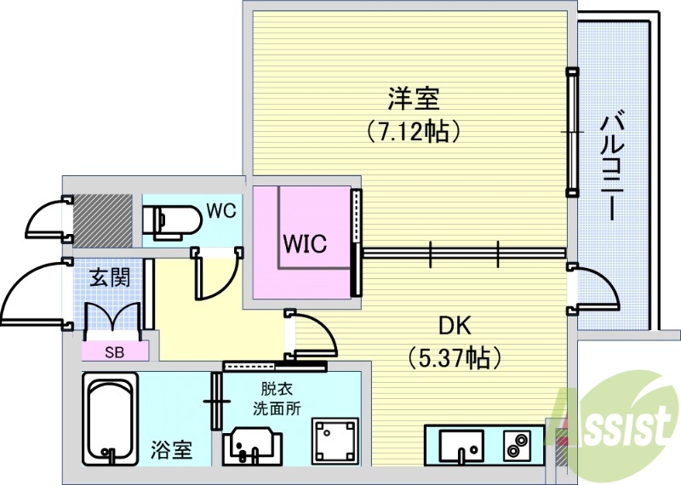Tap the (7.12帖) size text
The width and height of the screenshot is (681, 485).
click(x=414, y=131)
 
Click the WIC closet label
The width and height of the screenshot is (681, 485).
click(x=304, y=244)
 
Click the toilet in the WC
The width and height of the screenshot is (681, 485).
click(x=171, y=221)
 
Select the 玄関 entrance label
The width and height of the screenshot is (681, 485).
click(x=110, y=278)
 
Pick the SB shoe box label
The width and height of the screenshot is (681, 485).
click(x=113, y=350)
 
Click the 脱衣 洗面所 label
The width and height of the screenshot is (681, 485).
click(x=278, y=398)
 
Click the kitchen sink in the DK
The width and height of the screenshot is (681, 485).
click(x=460, y=443)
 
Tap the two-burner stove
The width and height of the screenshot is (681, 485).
click(x=516, y=443)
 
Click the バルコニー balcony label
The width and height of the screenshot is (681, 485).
click(x=609, y=166)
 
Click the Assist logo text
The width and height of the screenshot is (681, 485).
click(x=621, y=421)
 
